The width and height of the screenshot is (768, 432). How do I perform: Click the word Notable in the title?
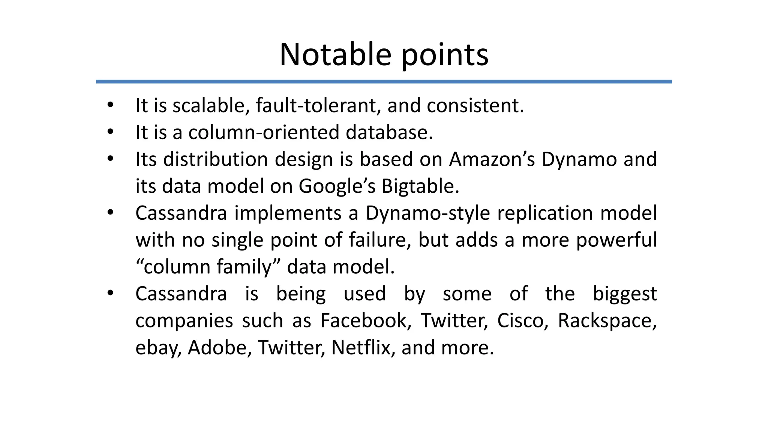pyautogui.click(x=335, y=55)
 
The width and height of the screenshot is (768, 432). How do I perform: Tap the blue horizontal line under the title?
pyautogui.click(x=384, y=81)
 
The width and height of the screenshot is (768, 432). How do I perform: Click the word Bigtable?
pyautogui.click(x=420, y=186)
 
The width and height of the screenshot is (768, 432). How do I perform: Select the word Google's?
pyautogui.click(x=337, y=186)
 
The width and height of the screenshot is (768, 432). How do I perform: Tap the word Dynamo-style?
pyautogui.click(x=427, y=213)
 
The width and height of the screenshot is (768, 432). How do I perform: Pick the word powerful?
pyautogui.click(x=616, y=240)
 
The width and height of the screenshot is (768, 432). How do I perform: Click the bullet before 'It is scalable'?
pyautogui.click(x=110, y=105)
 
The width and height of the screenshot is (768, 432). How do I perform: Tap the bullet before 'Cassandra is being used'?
pyautogui.click(x=110, y=294)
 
